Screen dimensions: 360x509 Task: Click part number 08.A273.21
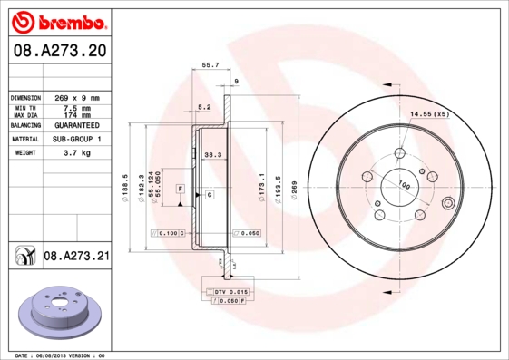coord(76,258)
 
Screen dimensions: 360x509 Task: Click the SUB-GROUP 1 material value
coord(76,139)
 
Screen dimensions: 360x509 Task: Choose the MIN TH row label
coord(24,108)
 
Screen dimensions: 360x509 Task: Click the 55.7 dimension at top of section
coord(210,65)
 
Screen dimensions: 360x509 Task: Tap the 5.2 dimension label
coord(204,107)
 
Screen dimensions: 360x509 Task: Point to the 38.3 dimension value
coord(213,155)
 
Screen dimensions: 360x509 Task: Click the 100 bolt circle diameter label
coord(404,185)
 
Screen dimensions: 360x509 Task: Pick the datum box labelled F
coord(180,188)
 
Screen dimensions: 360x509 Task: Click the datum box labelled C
coord(209,195)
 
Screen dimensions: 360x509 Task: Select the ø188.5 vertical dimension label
coord(124,188)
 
